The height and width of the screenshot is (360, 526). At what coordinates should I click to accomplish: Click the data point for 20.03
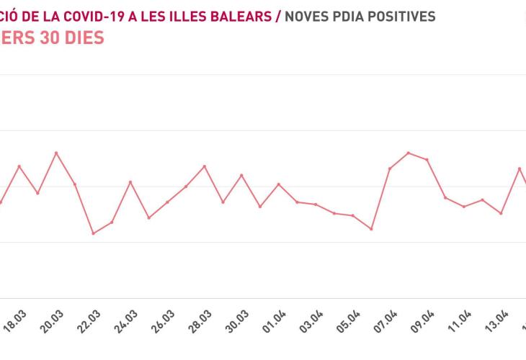click(56, 153)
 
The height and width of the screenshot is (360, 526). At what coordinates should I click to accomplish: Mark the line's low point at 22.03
click(93, 233)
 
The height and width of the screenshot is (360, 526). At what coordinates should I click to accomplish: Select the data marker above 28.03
click(205, 166)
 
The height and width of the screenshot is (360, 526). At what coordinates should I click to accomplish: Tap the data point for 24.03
click(130, 181)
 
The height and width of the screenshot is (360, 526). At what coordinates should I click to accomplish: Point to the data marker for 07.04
click(390, 168)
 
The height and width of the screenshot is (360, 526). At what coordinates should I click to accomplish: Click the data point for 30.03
click(242, 175)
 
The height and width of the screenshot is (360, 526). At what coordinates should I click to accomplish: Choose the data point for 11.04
click(464, 207)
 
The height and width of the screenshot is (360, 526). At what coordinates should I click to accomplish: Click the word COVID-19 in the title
click(90, 16)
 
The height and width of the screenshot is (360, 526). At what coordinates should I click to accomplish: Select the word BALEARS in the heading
click(239, 16)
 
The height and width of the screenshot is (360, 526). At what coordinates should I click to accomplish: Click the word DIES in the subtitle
click(79, 37)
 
